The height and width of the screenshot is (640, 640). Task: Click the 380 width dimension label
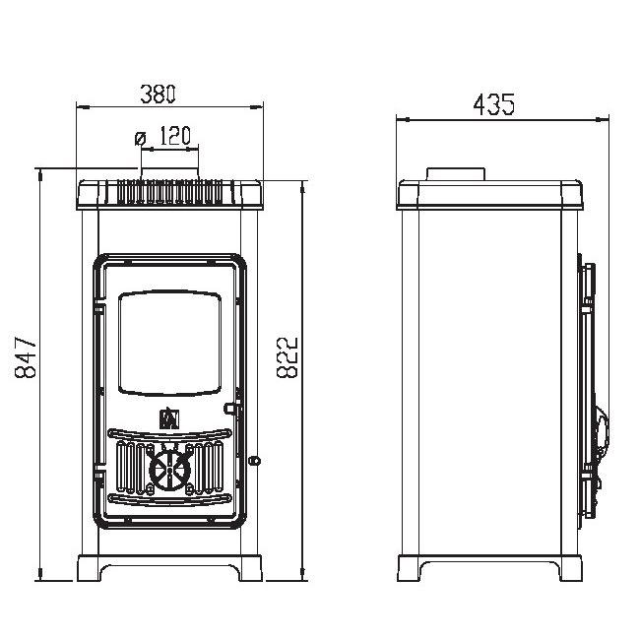click(158, 94)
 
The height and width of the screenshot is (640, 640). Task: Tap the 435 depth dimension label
click(494, 104)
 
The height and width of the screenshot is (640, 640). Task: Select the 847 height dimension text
click(26, 357)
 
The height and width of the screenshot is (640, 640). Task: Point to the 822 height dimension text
click(288, 357)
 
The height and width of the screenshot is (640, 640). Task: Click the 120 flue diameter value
click(174, 136)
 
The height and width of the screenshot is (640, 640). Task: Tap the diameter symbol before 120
click(140, 138)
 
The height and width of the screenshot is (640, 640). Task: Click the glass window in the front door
click(169, 343)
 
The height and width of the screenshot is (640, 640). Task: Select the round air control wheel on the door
click(169, 470)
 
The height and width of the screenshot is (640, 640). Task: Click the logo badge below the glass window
click(169, 417)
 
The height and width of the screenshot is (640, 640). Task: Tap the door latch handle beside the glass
click(231, 409)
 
